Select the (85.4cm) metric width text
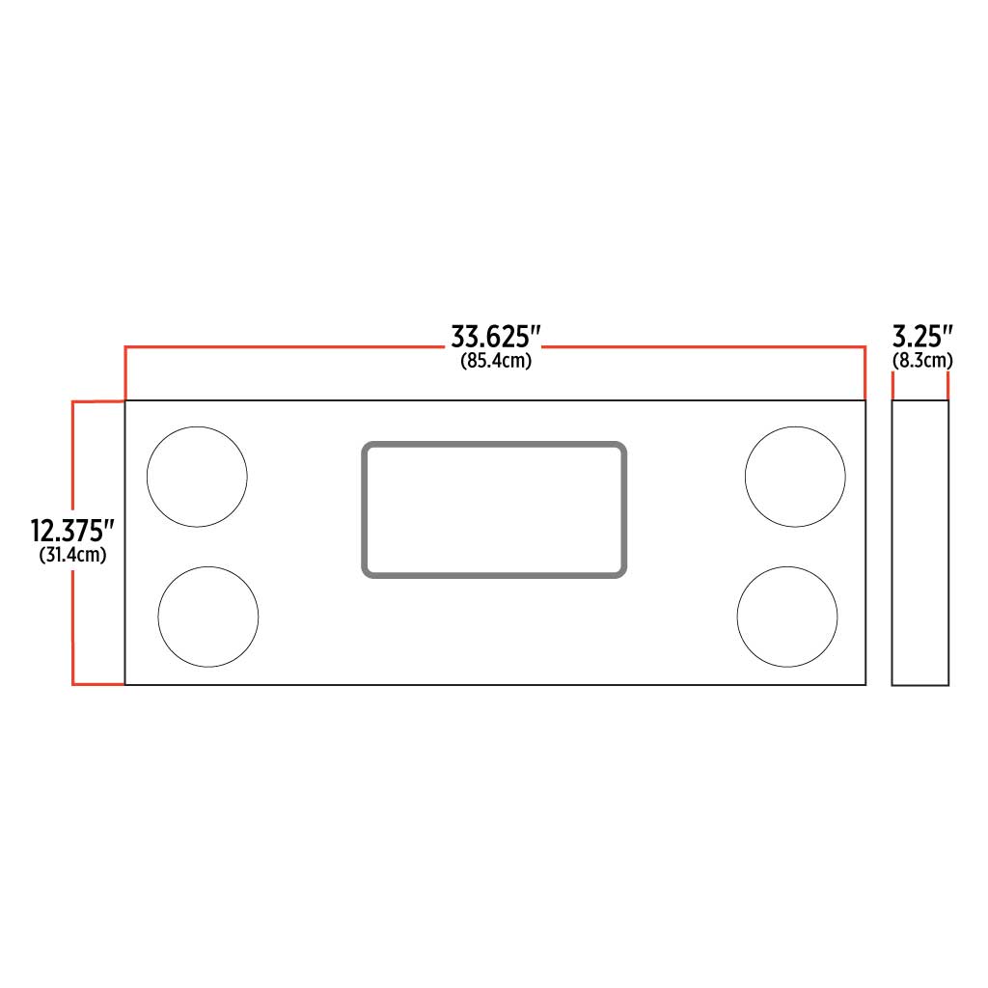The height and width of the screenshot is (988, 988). coord(495,362)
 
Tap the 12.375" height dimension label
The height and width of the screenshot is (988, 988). coord(72,531)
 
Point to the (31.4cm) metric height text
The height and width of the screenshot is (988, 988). coord(72,556)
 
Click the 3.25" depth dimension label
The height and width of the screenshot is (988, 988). coord(922,337)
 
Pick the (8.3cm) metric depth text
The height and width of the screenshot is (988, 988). coord(922,361)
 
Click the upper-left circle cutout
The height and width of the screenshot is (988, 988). coord(197,477)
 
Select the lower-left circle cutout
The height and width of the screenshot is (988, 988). coord(208,617)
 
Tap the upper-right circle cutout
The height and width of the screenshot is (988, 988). coord(795,477)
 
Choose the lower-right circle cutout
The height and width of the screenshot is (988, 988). coord(787,617)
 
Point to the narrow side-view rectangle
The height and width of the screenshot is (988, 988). coord(920,542)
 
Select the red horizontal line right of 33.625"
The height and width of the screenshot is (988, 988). coord(704,345)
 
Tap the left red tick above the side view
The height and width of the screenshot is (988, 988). coord(893,386)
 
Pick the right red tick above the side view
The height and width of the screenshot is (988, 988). coord(948,386)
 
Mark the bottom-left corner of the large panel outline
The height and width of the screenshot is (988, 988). coord(125,685)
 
